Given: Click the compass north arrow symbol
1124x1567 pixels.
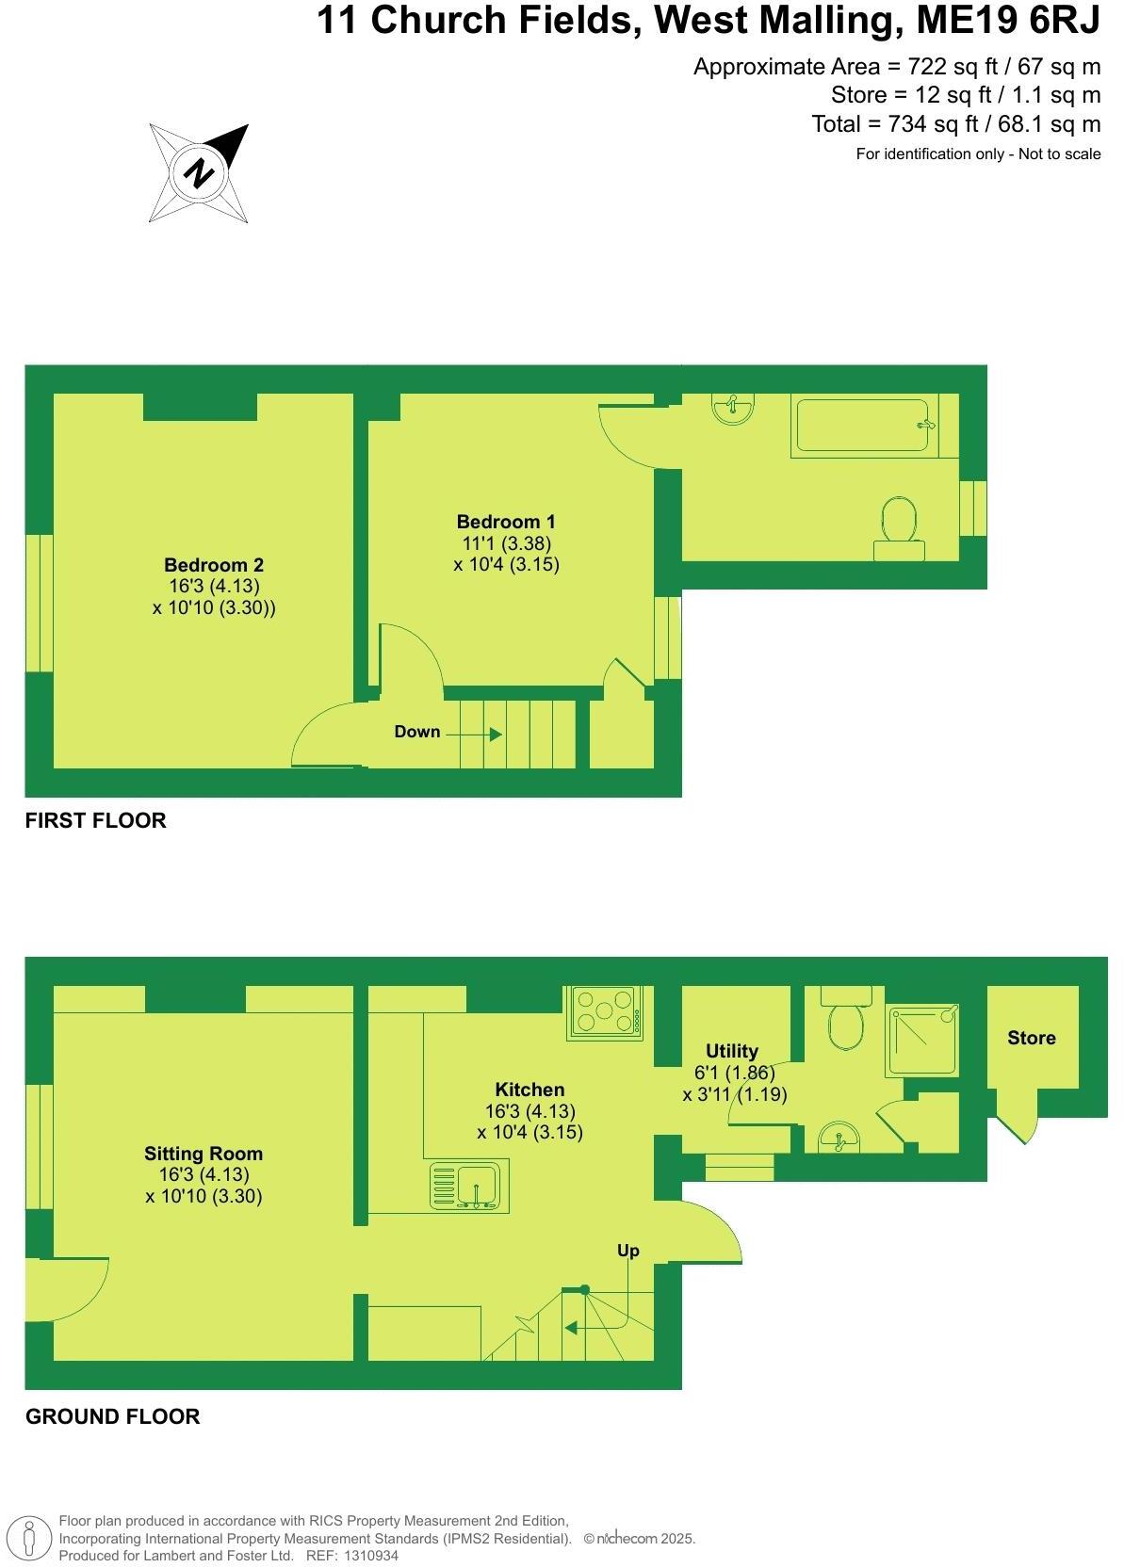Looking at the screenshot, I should click(199, 173).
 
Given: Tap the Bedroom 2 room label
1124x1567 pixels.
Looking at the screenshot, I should click(214, 565).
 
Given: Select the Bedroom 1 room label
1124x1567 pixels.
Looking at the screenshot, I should click(506, 522).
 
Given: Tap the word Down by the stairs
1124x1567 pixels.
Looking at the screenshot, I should click(417, 732).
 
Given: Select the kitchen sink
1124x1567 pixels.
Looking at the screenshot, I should click(468, 1186).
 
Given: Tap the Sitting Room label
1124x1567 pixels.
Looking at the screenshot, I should click(204, 1154).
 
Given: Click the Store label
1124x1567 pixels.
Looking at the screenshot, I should click(1031, 1038).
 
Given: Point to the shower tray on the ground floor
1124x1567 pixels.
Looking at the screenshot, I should click(922, 1041).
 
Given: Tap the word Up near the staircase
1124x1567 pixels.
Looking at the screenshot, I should click(627, 1251).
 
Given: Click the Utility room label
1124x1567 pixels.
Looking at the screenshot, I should click(732, 1051).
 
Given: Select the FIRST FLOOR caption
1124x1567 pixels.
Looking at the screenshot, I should click(95, 820).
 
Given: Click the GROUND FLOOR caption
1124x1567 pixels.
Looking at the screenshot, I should click(112, 1416).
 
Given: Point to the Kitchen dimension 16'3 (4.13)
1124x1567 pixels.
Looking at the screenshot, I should click(529, 1111).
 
